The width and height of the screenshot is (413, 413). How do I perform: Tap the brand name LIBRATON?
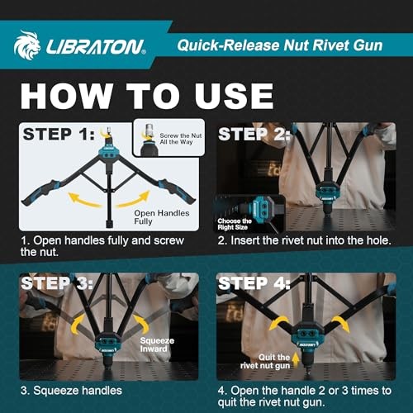[92, 45]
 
